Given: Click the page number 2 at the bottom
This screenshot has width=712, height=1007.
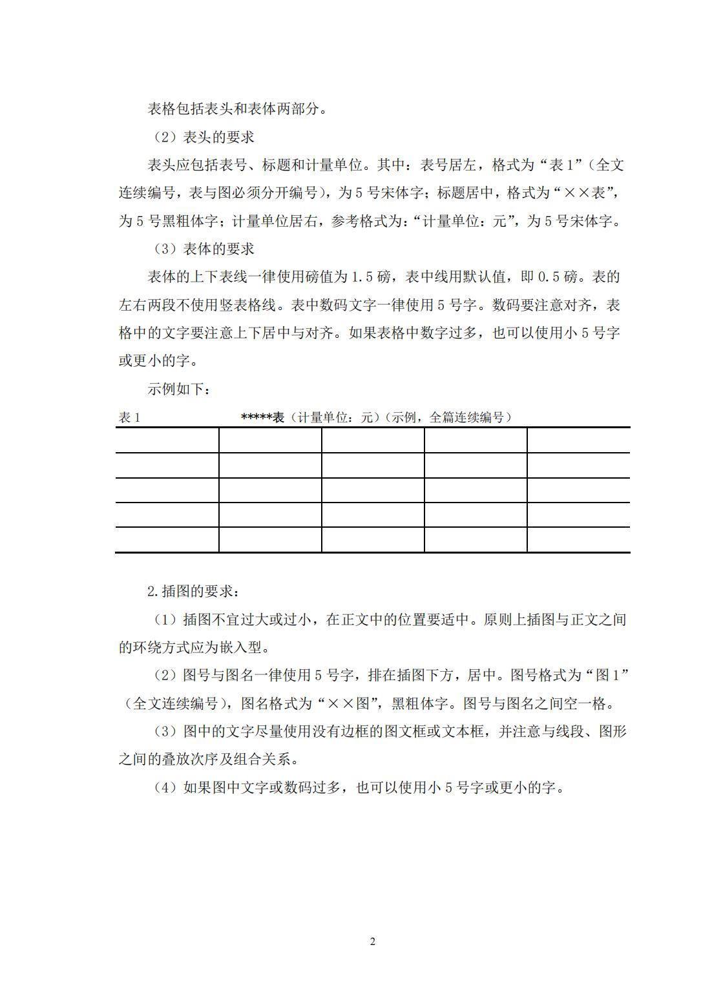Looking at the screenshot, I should [x=372, y=941].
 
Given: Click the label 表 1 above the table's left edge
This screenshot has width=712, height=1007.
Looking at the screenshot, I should [x=129, y=418].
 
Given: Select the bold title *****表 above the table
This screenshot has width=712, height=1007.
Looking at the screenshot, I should [x=262, y=418].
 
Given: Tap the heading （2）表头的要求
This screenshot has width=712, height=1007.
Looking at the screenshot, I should [x=203, y=137].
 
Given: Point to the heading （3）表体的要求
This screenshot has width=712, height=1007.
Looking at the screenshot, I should [x=203, y=249].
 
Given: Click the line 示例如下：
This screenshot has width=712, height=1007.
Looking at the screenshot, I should [x=179, y=389].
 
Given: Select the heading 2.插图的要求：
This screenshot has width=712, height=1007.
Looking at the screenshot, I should [x=193, y=591].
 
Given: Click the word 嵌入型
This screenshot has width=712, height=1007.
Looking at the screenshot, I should [x=239, y=647].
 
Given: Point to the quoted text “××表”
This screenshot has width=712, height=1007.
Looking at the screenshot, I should [x=589, y=193].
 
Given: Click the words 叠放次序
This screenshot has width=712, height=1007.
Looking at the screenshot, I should [x=191, y=760].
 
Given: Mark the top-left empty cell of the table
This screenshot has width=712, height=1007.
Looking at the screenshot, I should [x=167, y=440].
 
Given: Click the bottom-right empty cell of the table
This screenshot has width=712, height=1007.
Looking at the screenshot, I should [x=578, y=539].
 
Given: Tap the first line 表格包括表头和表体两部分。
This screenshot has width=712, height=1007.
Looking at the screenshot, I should [x=237, y=109].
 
